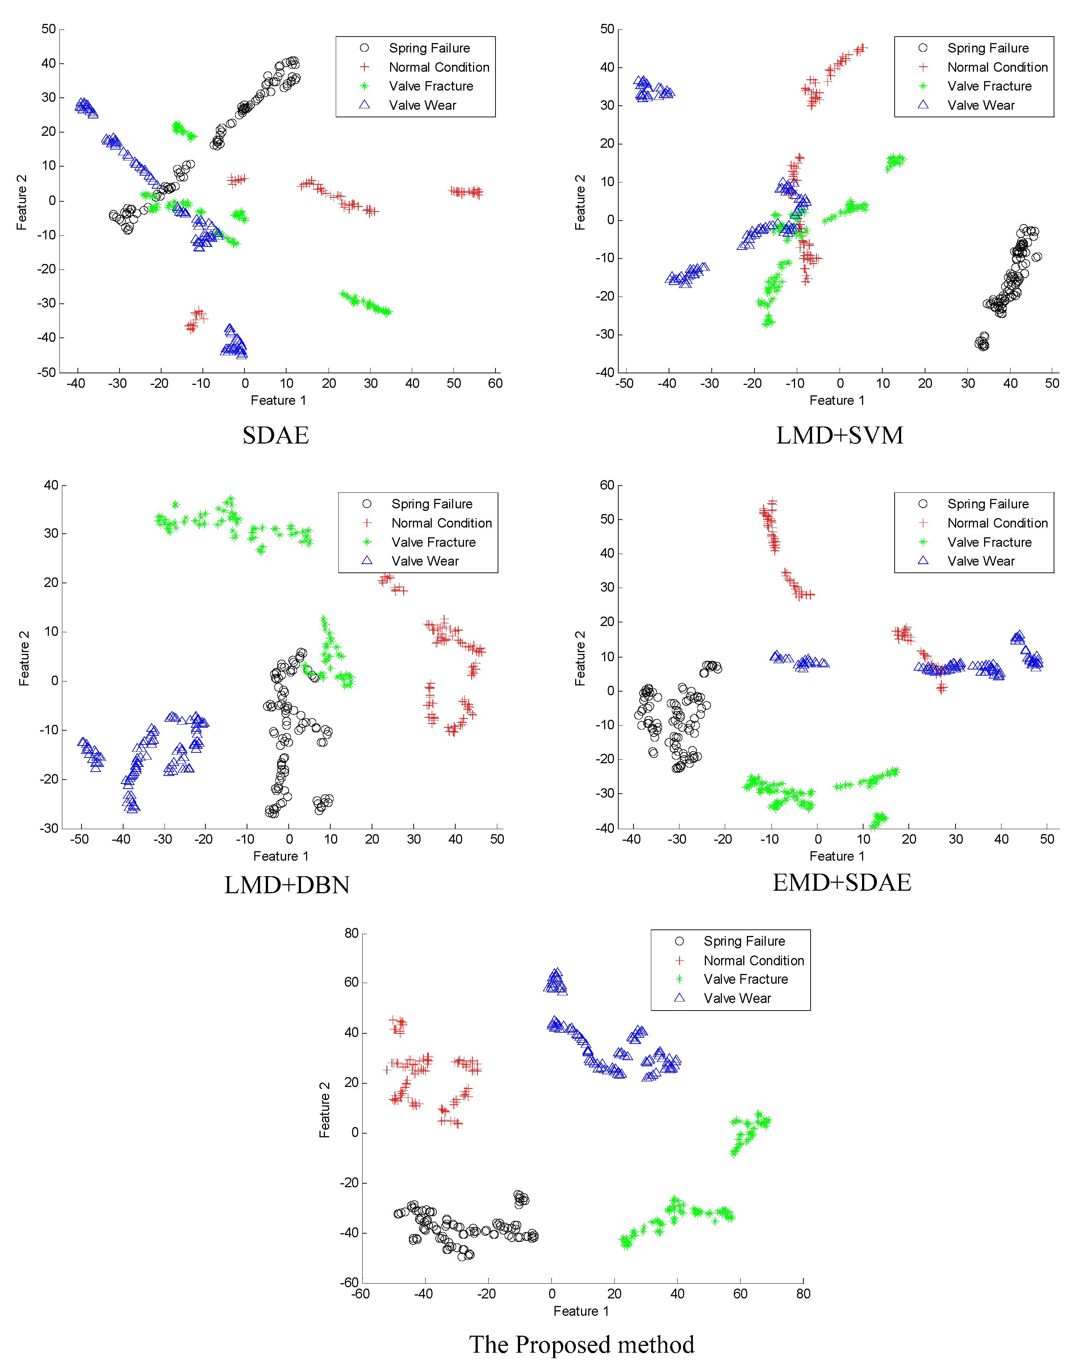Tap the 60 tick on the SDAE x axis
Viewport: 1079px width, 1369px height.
[495, 383]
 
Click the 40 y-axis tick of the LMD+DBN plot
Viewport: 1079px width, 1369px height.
[51, 485]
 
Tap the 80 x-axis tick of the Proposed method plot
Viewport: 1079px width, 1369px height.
[803, 1294]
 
